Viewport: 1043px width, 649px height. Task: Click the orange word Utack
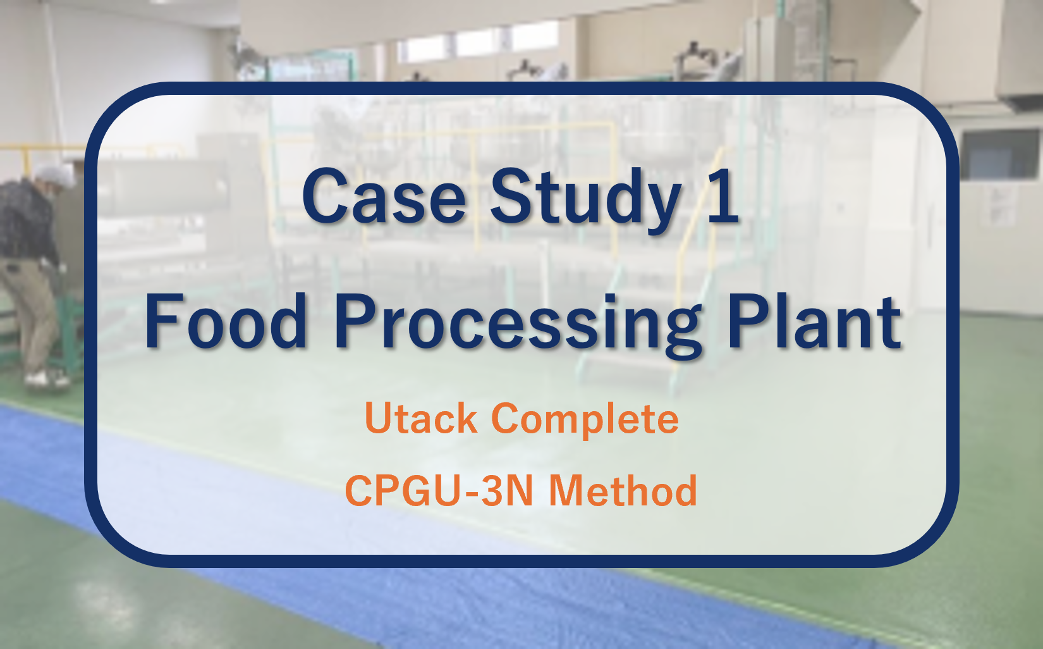[422, 417]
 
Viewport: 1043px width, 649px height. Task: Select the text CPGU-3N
[439, 490]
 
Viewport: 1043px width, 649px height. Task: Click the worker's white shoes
[47, 378]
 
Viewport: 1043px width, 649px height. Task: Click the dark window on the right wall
[999, 154]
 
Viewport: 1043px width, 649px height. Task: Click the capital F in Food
[162, 321]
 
